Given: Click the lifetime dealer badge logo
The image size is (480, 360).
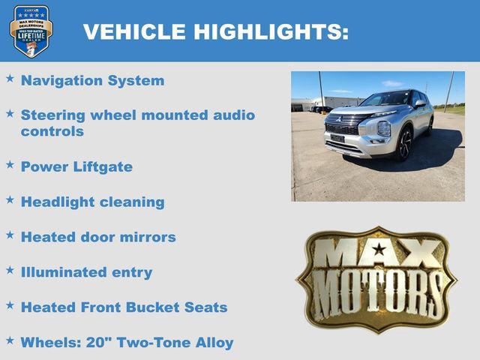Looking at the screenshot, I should (x=31, y=31).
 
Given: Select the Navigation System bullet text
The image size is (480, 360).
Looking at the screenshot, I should (x=92, y=80).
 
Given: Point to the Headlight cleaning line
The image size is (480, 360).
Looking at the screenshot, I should (x=92, y=202).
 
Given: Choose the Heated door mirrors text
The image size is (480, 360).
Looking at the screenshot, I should (x=98, y=237).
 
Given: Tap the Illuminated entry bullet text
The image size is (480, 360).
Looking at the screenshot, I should (x=86, y=272).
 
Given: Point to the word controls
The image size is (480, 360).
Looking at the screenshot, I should (x=52, y=131).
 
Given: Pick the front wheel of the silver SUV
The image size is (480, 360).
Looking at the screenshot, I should (x=404, y=143).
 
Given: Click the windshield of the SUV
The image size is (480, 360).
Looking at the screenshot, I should (x=385, y=99).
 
